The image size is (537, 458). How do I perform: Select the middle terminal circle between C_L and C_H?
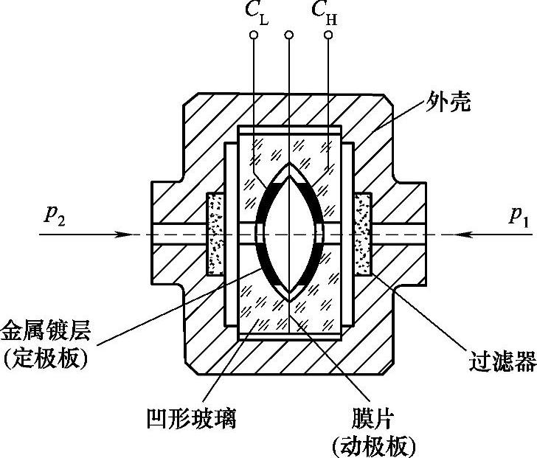(x=290, y=35)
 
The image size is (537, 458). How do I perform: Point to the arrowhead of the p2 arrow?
(x=130, y=235)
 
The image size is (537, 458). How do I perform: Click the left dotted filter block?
(x=215, y=234)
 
